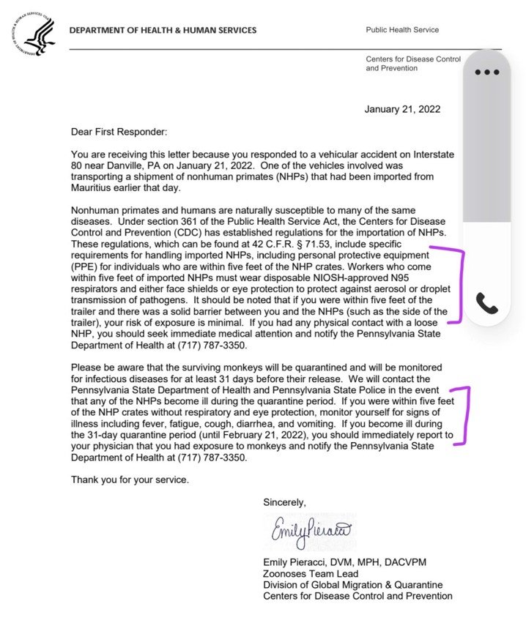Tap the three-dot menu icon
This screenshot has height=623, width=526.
click(486, 72)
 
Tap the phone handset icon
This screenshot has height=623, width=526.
click(487, 302)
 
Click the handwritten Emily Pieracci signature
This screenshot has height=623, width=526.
click(311, 530)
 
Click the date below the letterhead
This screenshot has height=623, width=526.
click(402, 110)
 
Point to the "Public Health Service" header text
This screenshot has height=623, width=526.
click(402, 30)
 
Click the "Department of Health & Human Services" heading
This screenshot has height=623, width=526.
click(163, 30)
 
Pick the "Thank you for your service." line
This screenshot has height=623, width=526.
click(130, 480)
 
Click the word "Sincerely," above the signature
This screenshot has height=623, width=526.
click(285, 502)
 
